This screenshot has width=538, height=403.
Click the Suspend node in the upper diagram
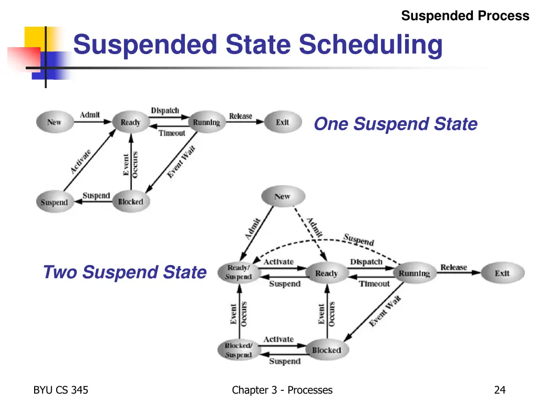pyautogui.click(x=54, y=202)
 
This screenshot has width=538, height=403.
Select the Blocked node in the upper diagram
pyautogui.click(x=130, y=201)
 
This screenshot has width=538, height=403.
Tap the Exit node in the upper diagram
pyautogui.click(x=283, y=122)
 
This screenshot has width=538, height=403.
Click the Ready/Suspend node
pyautogui.click(x=239, y=272)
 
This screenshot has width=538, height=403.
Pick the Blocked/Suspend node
pyautogui.click(x=239, y=350)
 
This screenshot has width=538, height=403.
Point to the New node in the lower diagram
pyautogui.click(x=282, y=197)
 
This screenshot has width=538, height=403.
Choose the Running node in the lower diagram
pyautogui.click(x=414, y=273)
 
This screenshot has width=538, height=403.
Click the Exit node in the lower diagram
pyautogui.click(x=502, y=273)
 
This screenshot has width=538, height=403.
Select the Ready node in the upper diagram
pyautogui.click(x=130, y=122)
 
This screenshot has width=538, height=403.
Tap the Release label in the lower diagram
pyautogui.click(x=453, y=268)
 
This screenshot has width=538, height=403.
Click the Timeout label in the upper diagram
pyautogui.click(x=172, y=133)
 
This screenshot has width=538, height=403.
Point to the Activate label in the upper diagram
pyautogui.click(x=81, y=162)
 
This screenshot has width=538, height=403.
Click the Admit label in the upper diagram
pyautogui.click(x=90, y=115)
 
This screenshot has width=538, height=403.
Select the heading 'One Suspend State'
pyautogui.click(x=396, y=124)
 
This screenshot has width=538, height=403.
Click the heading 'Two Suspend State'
pyautogui.click(x=125, y=272)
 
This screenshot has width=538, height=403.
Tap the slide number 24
pyautogui.click(x=500, y=390)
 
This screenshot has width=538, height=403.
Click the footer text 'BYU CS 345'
pyautogui.click(x=60, y=390)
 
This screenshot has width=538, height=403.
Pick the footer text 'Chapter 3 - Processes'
pyautogui.click(x=282, y=390)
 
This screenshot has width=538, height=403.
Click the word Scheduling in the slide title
pyautogui.click(x=371, y=45)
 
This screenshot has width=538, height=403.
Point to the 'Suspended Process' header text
pyautogui.click(x=465, y=16)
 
